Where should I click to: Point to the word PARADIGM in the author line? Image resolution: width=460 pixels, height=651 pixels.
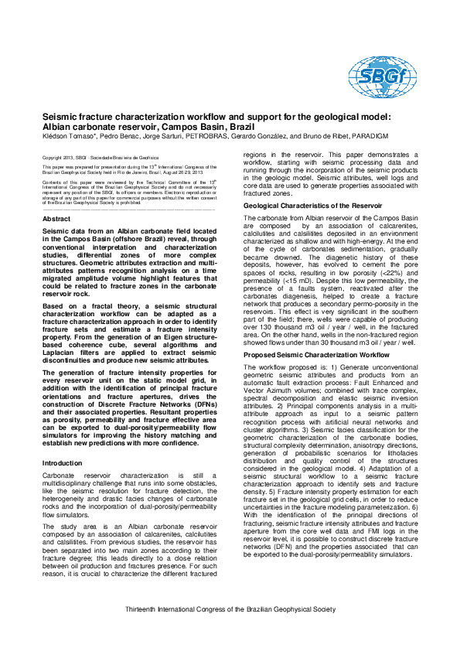[366, 135]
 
